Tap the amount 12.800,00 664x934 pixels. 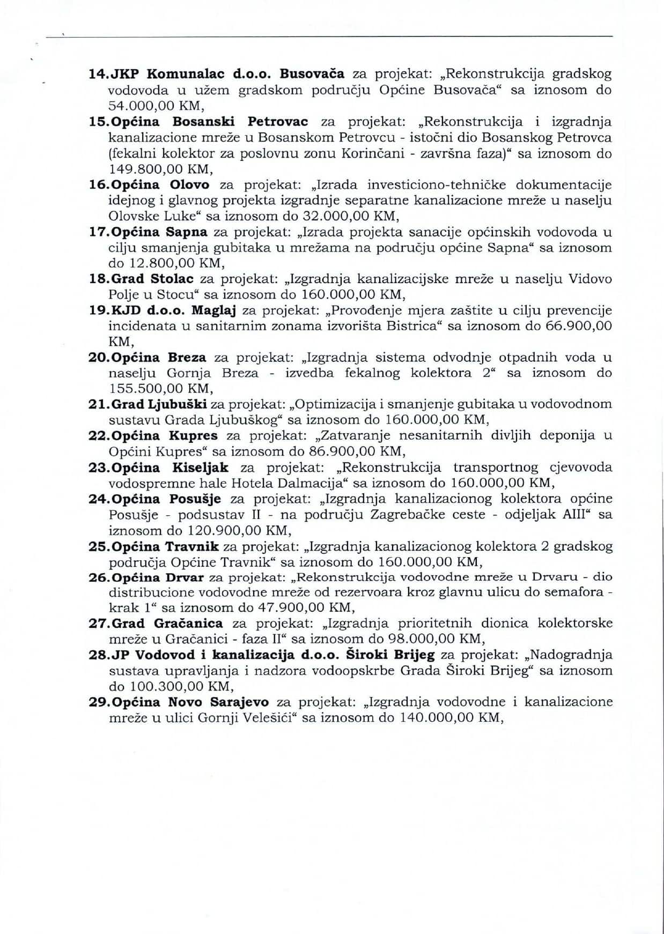coord(163,263)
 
